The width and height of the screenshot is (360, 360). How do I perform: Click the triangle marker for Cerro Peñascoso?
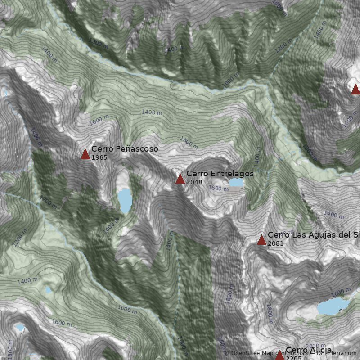[x=85, y=154]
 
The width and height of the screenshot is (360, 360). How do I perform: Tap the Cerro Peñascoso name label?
[x=125, y=149]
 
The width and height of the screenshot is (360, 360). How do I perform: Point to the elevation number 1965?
[x=99, y=158]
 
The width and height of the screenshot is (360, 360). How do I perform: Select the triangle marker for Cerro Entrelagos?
[x=180, y=179]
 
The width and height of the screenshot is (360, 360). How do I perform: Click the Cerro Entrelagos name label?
[x=220, y=174]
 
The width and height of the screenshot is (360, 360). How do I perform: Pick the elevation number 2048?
[x=194, y=183]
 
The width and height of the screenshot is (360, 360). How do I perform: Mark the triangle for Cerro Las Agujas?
[x=261, y=240]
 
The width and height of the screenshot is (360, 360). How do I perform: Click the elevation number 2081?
[x=276, y=243]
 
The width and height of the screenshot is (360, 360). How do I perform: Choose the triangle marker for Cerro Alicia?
[x=279, y=355]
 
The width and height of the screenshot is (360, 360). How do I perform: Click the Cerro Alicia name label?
[x=309, y=350]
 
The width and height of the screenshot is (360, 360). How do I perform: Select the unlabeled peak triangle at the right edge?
[x=355, y=89]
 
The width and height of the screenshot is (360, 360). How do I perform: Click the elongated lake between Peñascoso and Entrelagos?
[x=125, y=200]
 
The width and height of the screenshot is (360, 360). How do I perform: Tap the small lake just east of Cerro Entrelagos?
[x=236, y=182]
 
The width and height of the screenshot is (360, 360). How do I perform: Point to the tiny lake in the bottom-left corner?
[x=19, y=327]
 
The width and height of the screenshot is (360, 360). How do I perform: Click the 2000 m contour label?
[x=315, y=346]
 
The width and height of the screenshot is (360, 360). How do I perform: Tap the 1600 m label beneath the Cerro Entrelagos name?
[x=218, y=189]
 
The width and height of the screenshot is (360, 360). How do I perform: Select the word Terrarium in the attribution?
[x=342, y=354]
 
